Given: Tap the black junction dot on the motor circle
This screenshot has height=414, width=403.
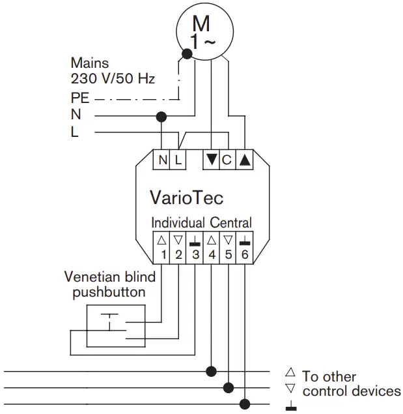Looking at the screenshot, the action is [x=187, y=54].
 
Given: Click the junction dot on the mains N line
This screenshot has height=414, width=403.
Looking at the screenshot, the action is [x=161, y=117].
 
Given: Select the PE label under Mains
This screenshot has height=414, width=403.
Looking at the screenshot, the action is [x=80, y=98].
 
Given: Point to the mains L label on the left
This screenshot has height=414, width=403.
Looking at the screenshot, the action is [x=75, y=132].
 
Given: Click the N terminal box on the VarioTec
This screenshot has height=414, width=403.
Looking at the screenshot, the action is [x=161, y=160].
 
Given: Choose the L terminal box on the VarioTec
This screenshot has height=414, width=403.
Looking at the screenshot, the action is [x=178, y=160].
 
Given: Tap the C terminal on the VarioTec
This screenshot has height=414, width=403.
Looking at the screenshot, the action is [x=228, y=160].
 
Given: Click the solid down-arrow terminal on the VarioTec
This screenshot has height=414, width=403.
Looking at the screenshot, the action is [x=211, y=160].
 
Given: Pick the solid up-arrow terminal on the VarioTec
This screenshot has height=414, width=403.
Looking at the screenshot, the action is [x=245, y=160].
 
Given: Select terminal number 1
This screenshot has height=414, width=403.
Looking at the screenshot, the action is [x=161, y=248].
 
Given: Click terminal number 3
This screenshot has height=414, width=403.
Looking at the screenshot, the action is [x=195, y=248].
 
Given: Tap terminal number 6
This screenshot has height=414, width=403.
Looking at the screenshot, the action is [x=245, y=248].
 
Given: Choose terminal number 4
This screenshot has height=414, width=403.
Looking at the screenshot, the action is [x=211, y=248].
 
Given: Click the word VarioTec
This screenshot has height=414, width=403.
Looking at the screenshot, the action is [x=187, y=198].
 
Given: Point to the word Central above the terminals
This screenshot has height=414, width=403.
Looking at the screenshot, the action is [x=230, y=222].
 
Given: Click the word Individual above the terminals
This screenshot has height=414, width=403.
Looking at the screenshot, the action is [x=178, y=222].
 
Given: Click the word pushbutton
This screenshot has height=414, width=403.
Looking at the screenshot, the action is [x=109, y=293].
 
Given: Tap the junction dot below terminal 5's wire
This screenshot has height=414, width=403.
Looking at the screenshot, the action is [x=229, y=388].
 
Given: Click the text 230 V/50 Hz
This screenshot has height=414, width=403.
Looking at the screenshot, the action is [x=113, y=78].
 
